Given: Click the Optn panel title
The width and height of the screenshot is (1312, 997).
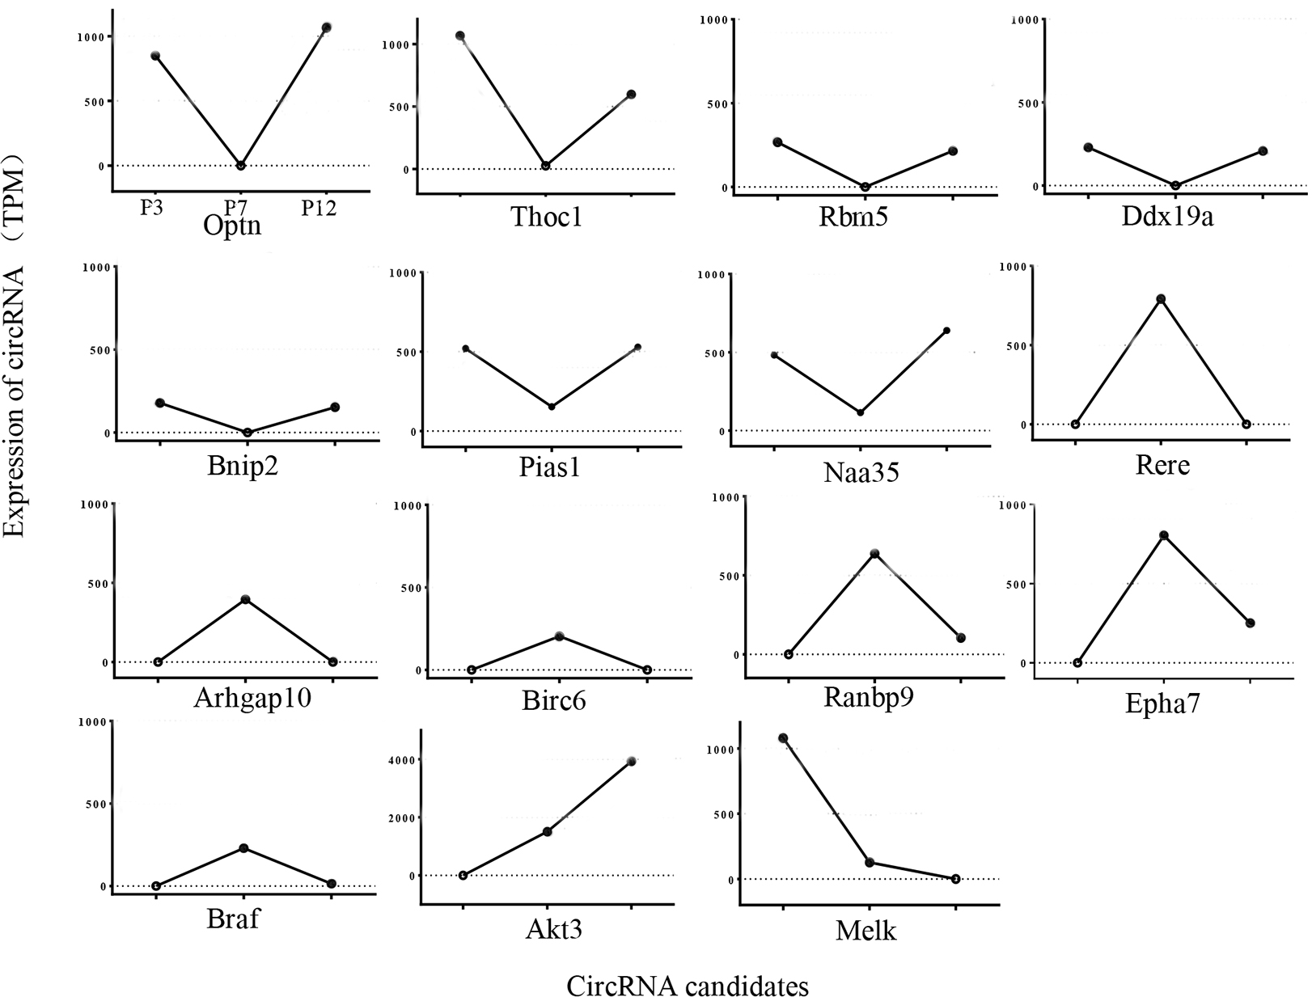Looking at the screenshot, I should click(232, 225).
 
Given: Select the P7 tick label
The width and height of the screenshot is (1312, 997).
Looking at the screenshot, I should click(236, 207).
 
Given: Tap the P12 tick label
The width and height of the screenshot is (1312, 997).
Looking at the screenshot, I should click(320, 208).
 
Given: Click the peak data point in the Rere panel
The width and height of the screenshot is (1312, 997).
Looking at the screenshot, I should click(1161, 298).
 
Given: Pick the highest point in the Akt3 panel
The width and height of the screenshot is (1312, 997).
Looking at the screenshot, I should click(631, 761).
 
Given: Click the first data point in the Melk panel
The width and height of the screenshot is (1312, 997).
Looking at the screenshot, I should click(783, 737).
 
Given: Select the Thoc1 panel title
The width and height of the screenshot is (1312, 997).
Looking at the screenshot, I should click(547, 217).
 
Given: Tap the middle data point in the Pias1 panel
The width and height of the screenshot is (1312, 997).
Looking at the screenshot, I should click(552, 407).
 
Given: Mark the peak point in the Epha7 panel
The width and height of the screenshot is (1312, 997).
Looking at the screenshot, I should click(1164, 535).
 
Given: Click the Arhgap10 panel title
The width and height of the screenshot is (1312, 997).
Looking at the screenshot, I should click(252, 696).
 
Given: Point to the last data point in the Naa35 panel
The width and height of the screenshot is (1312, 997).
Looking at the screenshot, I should click(946, 330).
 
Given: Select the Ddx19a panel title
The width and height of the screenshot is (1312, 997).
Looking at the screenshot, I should click(1167, 217).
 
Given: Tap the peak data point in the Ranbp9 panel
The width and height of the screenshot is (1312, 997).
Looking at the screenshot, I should click(874, 554).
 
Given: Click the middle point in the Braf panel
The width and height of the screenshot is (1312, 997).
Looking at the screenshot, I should click(243, 848).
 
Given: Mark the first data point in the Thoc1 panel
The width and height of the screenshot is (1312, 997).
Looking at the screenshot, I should click(459, 36).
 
